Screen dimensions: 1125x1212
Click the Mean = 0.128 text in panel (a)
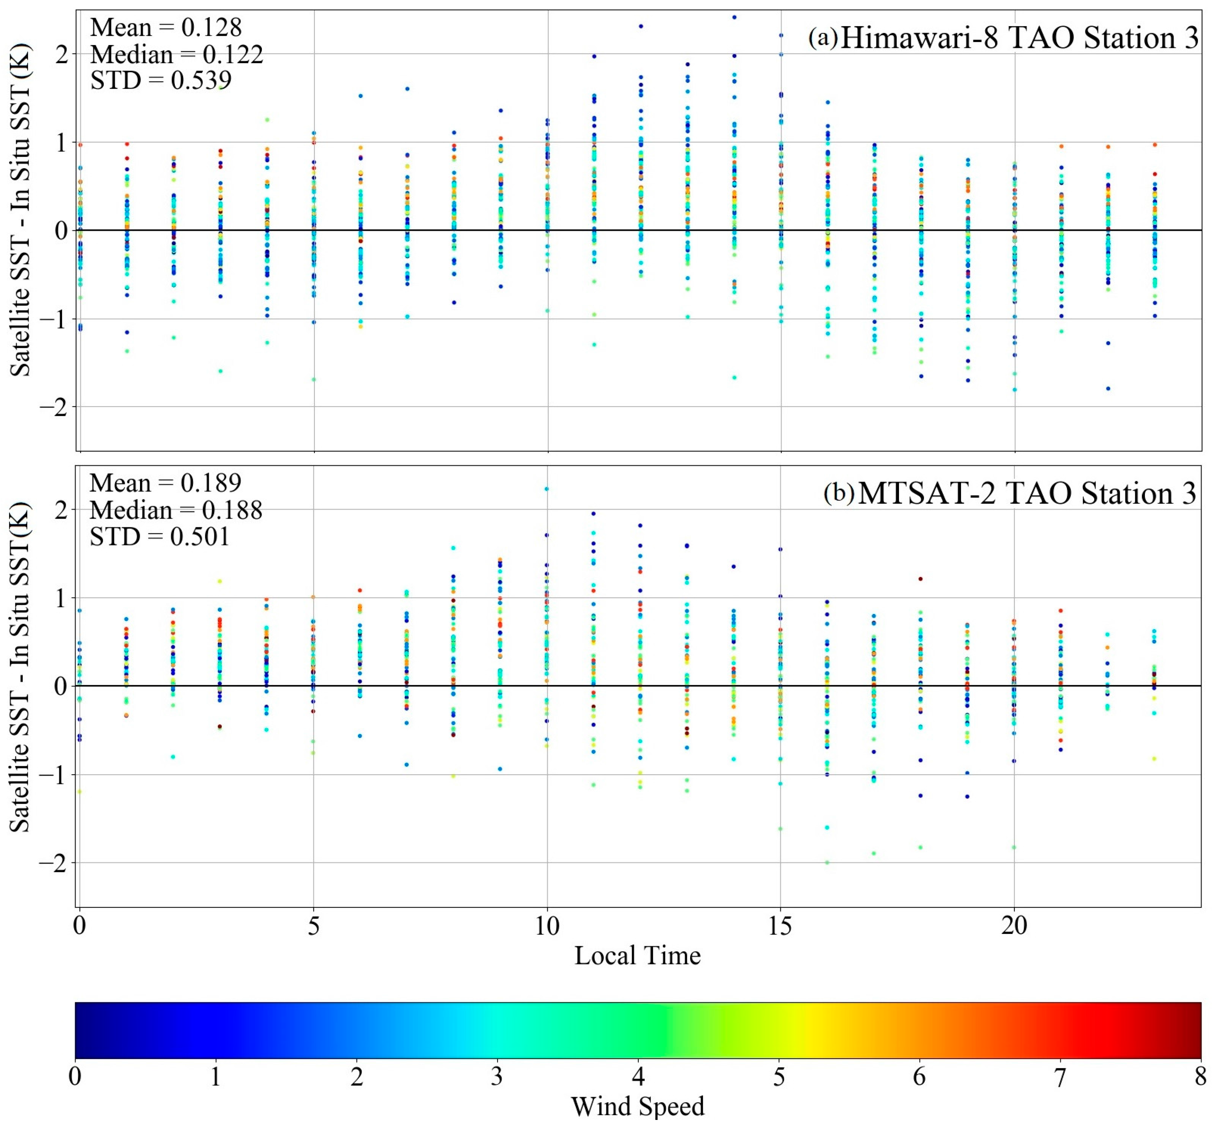coord(166,28)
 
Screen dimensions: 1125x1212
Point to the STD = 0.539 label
coord(161,80)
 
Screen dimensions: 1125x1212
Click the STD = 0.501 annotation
coord(160,536)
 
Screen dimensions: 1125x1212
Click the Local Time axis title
coord(637,955)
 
